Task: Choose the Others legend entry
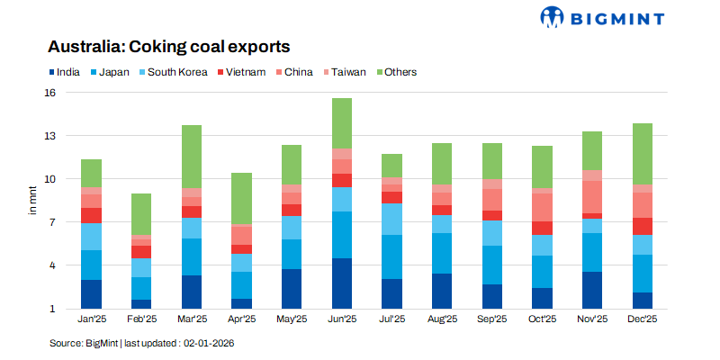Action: (x=395, y=72)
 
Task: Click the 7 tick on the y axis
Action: (x=52, y=222)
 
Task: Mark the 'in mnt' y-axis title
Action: (x=33, y=201)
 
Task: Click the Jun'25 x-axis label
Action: (x=342, y=319)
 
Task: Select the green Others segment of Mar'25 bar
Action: (x=192, y=157)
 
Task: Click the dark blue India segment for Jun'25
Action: (x=342, y=283)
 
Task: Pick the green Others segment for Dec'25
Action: (x=642, y=154)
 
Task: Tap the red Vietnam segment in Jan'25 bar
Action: (x=92, y=215)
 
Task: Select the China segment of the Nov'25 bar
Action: (x=592, y=197)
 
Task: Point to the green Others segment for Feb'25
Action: (x=142, y=214)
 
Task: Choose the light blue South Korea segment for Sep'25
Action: (x=492, y=233)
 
